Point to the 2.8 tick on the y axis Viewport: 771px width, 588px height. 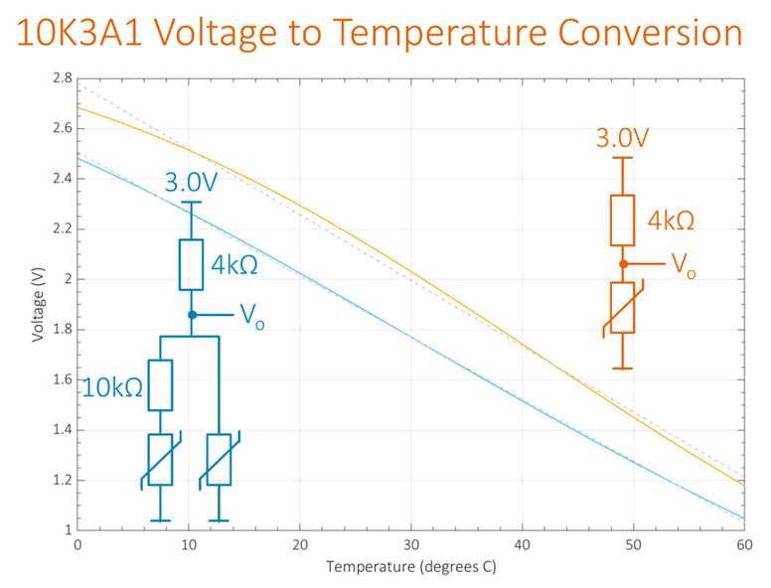(62, 77)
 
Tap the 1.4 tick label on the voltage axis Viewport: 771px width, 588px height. (62, 430)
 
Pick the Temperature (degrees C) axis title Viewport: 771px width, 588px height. (410, 567)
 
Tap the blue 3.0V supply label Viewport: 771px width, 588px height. (192, 184)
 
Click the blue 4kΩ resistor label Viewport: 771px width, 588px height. (236, 265)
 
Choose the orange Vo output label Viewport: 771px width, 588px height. (683, 265)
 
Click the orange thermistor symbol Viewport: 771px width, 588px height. (622, 308)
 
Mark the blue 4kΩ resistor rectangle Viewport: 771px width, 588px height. (191, 264)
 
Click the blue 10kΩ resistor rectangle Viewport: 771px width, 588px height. (160, 384)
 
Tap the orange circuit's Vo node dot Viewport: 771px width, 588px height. (622, 264)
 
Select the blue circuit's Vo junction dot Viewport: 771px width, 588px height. (192, 315)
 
